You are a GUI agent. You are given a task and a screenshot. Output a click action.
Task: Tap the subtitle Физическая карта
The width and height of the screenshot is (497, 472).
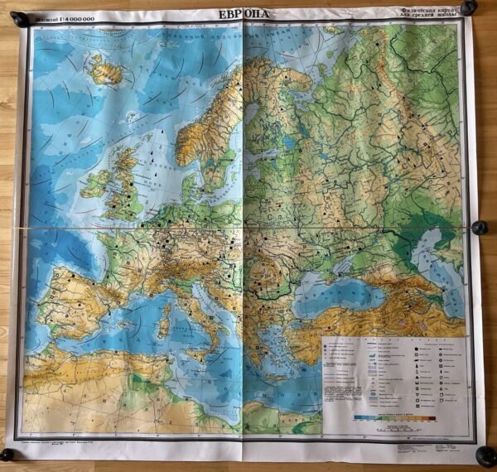tap(426, 12)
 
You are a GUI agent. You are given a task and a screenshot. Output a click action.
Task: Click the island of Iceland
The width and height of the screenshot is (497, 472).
tap(106, 71)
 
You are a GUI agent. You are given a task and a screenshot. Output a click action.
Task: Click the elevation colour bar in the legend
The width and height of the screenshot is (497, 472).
tap(389, 417)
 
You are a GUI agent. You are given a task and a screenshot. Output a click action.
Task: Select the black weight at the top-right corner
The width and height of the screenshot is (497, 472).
tap(469, 8)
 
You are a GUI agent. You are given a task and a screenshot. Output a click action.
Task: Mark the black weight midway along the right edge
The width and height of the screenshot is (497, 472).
tap(479, 227)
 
